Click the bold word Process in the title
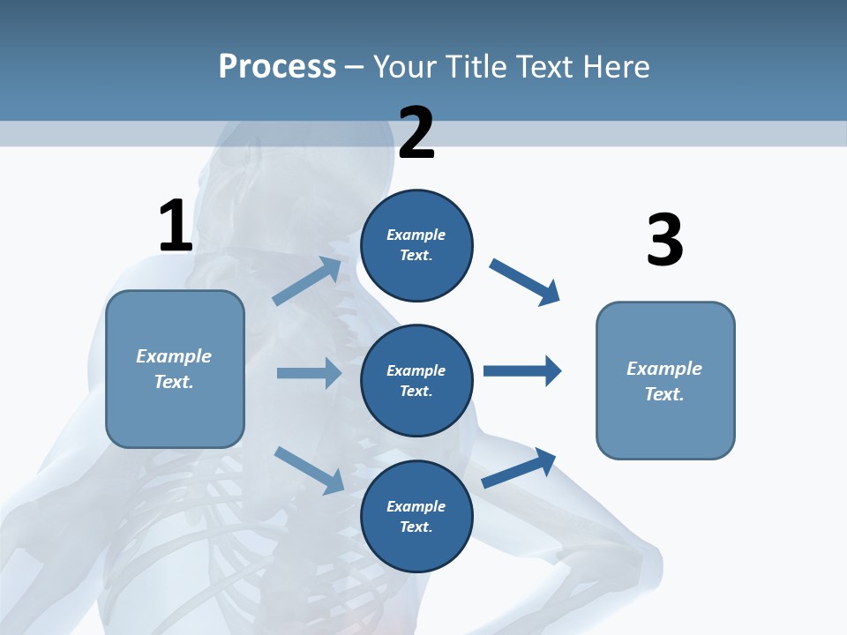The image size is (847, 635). (x=277, y=66)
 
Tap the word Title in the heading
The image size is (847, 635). (x=476, y=66)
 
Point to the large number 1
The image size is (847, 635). (x=175, y=226)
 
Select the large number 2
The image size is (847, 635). (x=416, y=133)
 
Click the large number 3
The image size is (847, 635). (x=664, y=240)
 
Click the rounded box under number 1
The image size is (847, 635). (x=175, y=369)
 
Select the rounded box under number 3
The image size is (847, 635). (x=665, y=381)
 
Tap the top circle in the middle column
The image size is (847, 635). (x=416, y=245)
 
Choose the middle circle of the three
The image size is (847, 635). (x=416, y=381)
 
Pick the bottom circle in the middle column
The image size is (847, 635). (x=416, y=517)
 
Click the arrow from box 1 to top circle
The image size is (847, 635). (x=307, y=281)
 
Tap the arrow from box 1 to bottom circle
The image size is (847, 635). (x=309, y=469)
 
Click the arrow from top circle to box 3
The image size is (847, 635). (x=525, y=281)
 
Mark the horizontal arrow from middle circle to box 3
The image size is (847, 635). (x=522, y=370)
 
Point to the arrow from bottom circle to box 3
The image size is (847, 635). (x=519, y=468)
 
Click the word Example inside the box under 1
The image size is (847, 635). (x=174, y=356)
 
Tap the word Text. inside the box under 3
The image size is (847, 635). (x=664, y=394)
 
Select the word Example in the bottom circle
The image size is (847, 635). (x=416, y=506)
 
